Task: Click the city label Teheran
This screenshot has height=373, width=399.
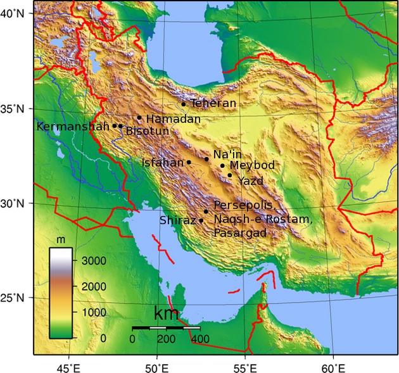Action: click(213, 103)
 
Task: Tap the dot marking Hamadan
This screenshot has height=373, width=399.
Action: click(139, 117)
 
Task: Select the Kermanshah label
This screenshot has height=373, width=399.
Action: click(73, 126)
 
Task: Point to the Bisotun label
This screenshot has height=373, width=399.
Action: click(148, 131)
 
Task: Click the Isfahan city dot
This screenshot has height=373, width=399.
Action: click(189, 162)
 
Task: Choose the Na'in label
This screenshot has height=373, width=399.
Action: click(227, 155)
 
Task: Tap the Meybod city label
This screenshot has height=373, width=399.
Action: click(252, 165)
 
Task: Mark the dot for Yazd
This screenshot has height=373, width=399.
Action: click(230, 175)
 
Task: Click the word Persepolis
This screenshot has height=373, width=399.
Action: click(244, 205)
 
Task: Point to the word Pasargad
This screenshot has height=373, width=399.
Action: click(240, 233)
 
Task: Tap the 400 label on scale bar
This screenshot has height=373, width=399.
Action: click(200, 339)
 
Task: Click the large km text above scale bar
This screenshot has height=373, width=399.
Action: click(166, 314)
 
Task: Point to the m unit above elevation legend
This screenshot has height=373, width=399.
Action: click(61, 240)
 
